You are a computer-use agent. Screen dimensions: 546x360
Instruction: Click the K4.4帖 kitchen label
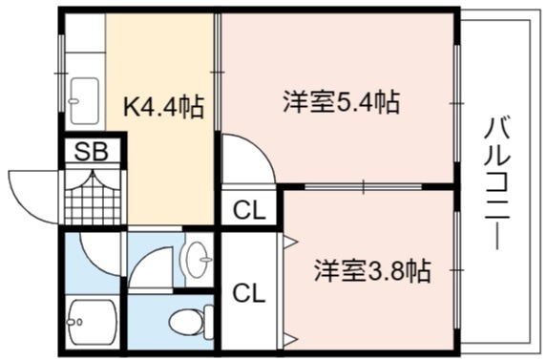tap(163, 107)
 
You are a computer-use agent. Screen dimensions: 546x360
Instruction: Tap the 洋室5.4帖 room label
tap(341, 101)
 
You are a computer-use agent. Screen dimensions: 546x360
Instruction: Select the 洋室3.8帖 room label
tap(372, 270)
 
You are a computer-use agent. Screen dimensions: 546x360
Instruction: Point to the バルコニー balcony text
tap(497, 183)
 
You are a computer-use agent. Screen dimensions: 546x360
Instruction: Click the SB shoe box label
tap(92, 151)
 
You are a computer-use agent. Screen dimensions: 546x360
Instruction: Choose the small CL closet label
tap(248, 210)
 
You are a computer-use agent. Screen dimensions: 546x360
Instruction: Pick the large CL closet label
tap(248, 293)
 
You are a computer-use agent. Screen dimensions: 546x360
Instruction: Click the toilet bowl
tap(191, 322)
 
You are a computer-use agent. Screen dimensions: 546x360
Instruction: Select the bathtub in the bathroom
tap(93, 322)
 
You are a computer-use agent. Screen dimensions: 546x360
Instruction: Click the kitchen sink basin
tap(85, 101)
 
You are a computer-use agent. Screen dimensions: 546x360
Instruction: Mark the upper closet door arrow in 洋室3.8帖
tap(290, 242)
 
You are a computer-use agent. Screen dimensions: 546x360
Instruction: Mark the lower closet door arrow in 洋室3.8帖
tap(290, 339)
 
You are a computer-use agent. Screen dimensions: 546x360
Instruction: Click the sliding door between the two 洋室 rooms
tap(363, 186)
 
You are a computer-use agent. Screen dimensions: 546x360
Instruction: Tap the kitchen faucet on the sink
tap(73, 101)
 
